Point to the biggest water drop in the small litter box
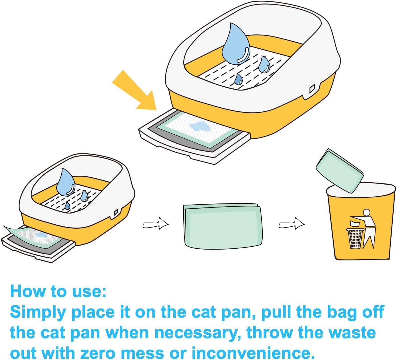pyautogui.click(x=65, y=183)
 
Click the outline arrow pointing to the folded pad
pyautogui.click(x=155, y=223)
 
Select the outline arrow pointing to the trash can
pyautogui.click(x=291, y=223)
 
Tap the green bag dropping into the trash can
pyautogui.click(x=340, y=170)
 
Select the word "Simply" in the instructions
pyautogui.click(x=38, y=312)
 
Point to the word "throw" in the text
pyautogui.click(x=270, y=333)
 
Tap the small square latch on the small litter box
pyautogui.click(x=116, y=212)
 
